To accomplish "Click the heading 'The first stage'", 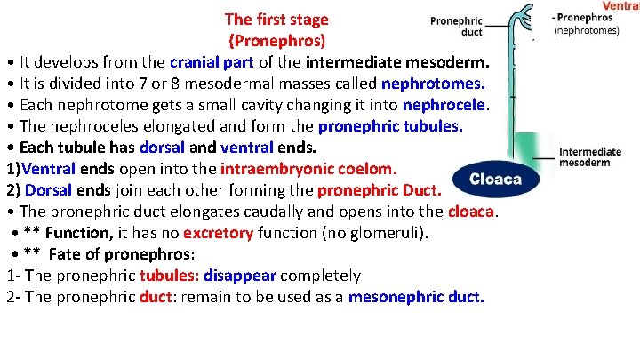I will coord(276,19).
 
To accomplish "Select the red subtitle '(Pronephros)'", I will coord(276,41).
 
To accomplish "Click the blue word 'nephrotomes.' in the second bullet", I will coord(433,84).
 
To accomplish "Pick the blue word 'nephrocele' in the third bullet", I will coord(445,105).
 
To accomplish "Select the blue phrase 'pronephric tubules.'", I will coord(390,126).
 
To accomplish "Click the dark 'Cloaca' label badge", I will coord(495,179).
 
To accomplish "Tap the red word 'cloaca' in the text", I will coord(472,212).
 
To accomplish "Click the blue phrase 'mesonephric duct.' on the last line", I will coord(417,297).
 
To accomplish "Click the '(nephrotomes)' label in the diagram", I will coord(587,29).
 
